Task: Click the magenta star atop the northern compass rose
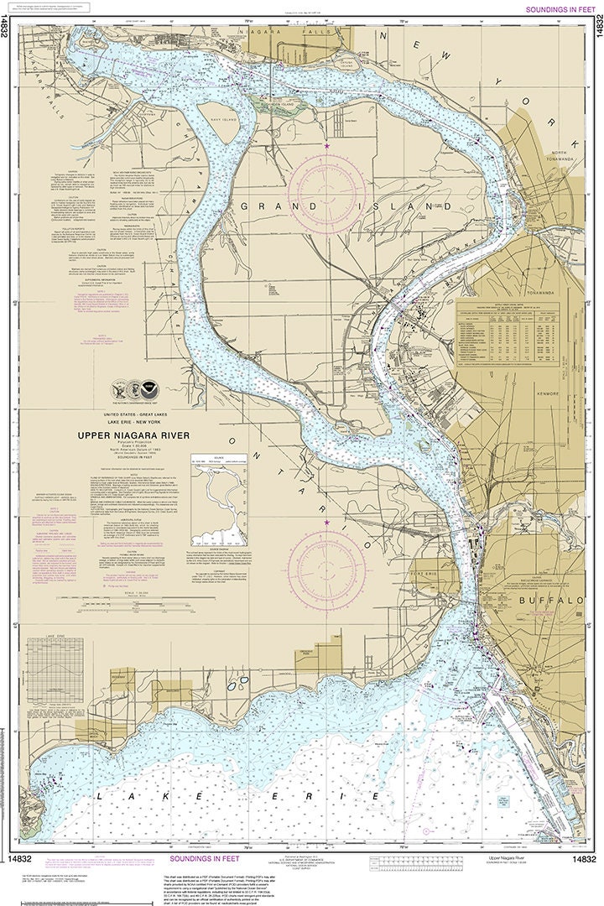tap(327, 147)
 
